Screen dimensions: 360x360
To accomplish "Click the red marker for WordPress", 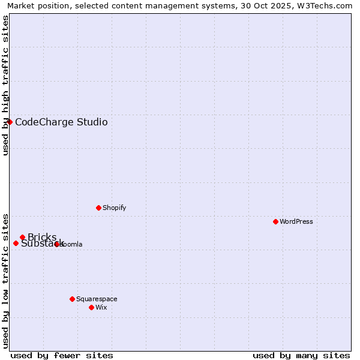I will coord(275,221).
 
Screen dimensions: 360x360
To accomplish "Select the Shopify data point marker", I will coord(98,208).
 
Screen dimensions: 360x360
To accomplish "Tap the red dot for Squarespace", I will coord(72,299).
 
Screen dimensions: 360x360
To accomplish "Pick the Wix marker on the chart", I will coord(91,307).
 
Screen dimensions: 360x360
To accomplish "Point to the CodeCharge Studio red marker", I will coord(10,122).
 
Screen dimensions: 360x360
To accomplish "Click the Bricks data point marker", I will coord(22,237).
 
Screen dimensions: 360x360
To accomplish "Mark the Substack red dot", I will coord(16,243).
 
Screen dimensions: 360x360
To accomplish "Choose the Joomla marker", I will coord(56,244).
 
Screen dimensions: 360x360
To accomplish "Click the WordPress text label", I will coord(296,221).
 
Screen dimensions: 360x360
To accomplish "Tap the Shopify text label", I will coord(114,208).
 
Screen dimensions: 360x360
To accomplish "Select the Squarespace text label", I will coord(97,299).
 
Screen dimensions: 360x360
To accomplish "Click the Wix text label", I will coord(101,307).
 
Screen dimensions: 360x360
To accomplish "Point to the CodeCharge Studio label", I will coord(61,122).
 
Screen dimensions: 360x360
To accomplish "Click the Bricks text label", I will coord(42,237).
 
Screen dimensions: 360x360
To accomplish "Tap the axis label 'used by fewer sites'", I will coord(62,355).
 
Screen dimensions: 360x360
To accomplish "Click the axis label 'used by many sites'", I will coord(301,355).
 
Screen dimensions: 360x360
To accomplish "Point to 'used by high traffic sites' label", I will coord(6,85).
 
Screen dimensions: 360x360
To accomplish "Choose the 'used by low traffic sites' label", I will coord(6,280).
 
